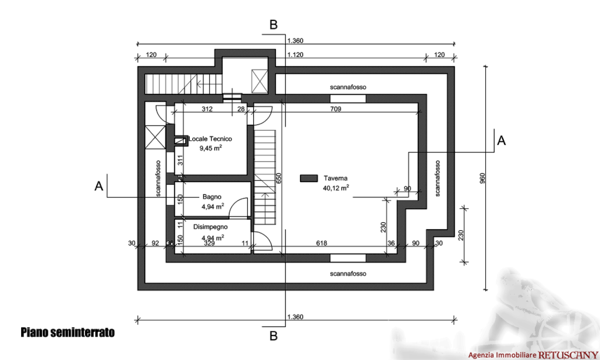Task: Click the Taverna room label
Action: [336, 178]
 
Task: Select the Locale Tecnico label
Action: [210, 139]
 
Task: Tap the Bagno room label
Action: [212, 197]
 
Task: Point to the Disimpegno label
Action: [210, 226]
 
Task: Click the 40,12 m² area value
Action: [336, 188]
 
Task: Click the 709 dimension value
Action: [335, 109]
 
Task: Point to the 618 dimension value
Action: [321, 243]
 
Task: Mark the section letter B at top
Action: [273, 25]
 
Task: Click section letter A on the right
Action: [501, 140]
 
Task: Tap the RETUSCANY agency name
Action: [565, 355]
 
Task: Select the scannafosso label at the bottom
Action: [348, 274]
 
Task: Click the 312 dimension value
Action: [207, 109]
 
